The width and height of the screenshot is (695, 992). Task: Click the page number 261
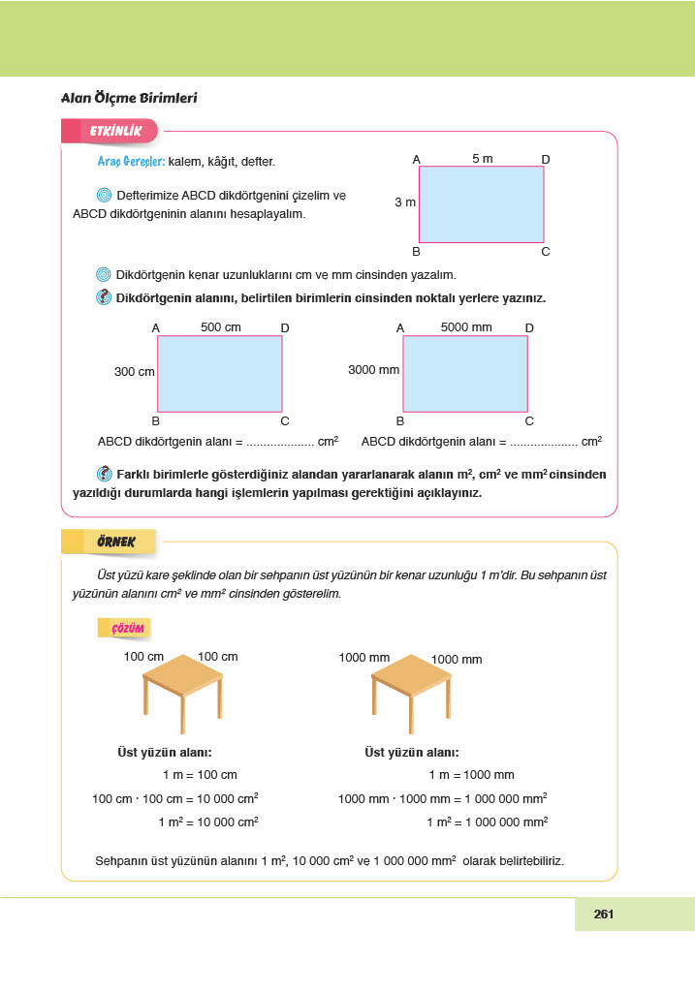pos(605,914)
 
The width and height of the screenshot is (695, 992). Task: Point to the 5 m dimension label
pos(482,159)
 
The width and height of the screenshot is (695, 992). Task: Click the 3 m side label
pos(404,202)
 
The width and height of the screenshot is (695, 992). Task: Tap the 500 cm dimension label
pos(220,327)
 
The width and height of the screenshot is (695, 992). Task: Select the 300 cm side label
pos(134,371)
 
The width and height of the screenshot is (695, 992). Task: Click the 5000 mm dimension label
pos(466,327)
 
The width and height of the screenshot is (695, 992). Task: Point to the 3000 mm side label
pos(373,370)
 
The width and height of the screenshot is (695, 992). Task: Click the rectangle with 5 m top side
pos(481,204)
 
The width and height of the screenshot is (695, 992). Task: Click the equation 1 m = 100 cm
pos(200,775)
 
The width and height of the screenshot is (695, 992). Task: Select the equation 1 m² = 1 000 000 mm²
pos(487,821)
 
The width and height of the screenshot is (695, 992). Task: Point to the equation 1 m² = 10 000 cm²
pos(208,821)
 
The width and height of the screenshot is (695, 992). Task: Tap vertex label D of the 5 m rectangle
pos(546,159)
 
